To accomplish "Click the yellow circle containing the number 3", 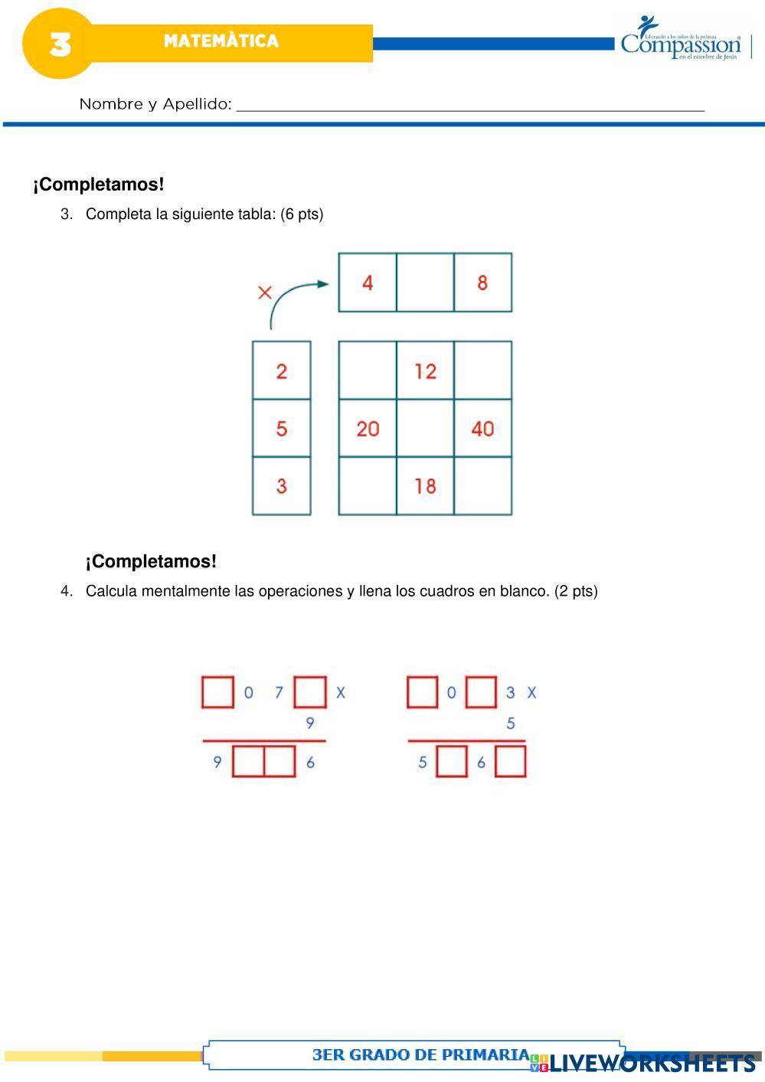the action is pyautogui.click(x=58, y=44).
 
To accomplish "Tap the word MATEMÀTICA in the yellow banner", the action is pyautogui.click(x=221, y=41).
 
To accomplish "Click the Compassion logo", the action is pyautogui.click(x=682, y=40).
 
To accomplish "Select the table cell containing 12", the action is pyautogui.click(x=425, y=371).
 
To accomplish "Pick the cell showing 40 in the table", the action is pyautogui.click(x=482, y=428).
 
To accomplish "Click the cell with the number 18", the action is pyautogui.click(x=425, y=485).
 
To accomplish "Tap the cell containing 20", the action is pyautogui.click(x=368, y=428).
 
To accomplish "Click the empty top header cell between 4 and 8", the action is pyautogui.click(x=425, y=283).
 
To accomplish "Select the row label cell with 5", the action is pyautogui.click(x=282, y=428).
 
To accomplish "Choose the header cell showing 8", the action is pyautogui.click(x=482, y=283).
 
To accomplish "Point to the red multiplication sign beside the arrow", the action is pyautogui.click(x=265, y=293).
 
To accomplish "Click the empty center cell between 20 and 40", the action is pyautogui.click(x=425, y=428).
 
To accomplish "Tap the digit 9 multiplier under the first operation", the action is pyautogui.click(x=310, y=723).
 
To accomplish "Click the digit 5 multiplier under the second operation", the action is pyautogui.click(x=511, y=723).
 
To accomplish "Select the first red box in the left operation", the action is pyautogui.click(x=217, y=692).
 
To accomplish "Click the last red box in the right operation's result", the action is pyautogui.click(x=511, y=762).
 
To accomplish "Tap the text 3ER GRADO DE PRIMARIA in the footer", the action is pyautogui.click(x=420, y=1054).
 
